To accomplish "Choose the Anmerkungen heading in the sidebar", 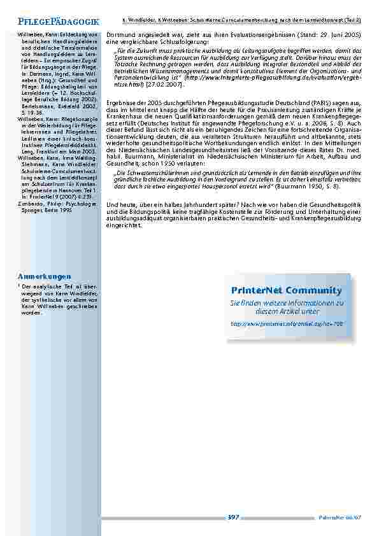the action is (x=44, y=277).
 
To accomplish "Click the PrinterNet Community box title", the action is (x=286, y=291).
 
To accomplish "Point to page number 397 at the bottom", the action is (x=233, y=517).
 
